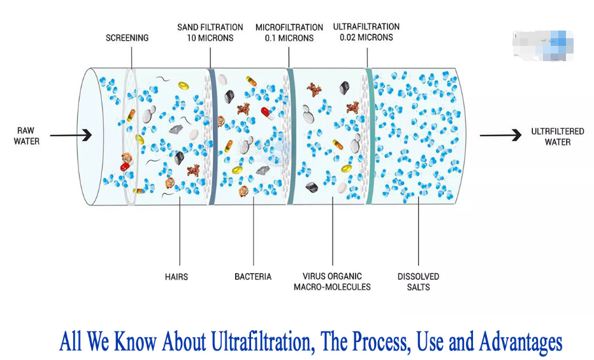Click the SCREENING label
[127, 38]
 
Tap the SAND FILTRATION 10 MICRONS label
[210, 32]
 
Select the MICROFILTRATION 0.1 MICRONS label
[289, 32]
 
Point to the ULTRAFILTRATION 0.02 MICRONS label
[366, 32]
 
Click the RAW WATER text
[27, 136]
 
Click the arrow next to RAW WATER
[71, 135]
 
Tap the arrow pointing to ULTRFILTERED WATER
[501, 135]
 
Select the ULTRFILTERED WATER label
[558, 136]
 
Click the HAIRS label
[177, 277]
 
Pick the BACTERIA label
[253, 277]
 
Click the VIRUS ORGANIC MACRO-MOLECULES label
[332, 282]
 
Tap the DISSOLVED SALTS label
[418, 282]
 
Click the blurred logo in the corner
[543, 45]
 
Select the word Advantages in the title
[521, 342]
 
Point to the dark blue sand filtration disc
[212, 136]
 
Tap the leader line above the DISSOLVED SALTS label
[418, 231]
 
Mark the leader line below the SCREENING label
[132, 57]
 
